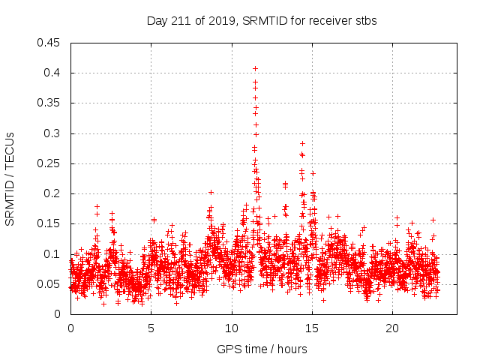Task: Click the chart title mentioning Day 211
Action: click(261, 20)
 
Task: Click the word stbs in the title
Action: click(365, 20)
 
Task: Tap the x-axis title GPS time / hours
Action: click(261, 349)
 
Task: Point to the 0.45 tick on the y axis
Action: click(49, 43)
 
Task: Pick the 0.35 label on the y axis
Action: click(49, 103)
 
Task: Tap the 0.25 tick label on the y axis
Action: click(49, 163)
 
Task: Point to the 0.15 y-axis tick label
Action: click(49, 223)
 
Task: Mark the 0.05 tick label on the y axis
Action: click(49, 284)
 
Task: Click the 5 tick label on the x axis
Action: click(151, 328)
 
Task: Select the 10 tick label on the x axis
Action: click(232, 328)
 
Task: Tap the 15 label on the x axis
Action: click(312, 328)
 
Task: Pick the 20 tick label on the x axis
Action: click(392, 328)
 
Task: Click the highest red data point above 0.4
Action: click(255, 68)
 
